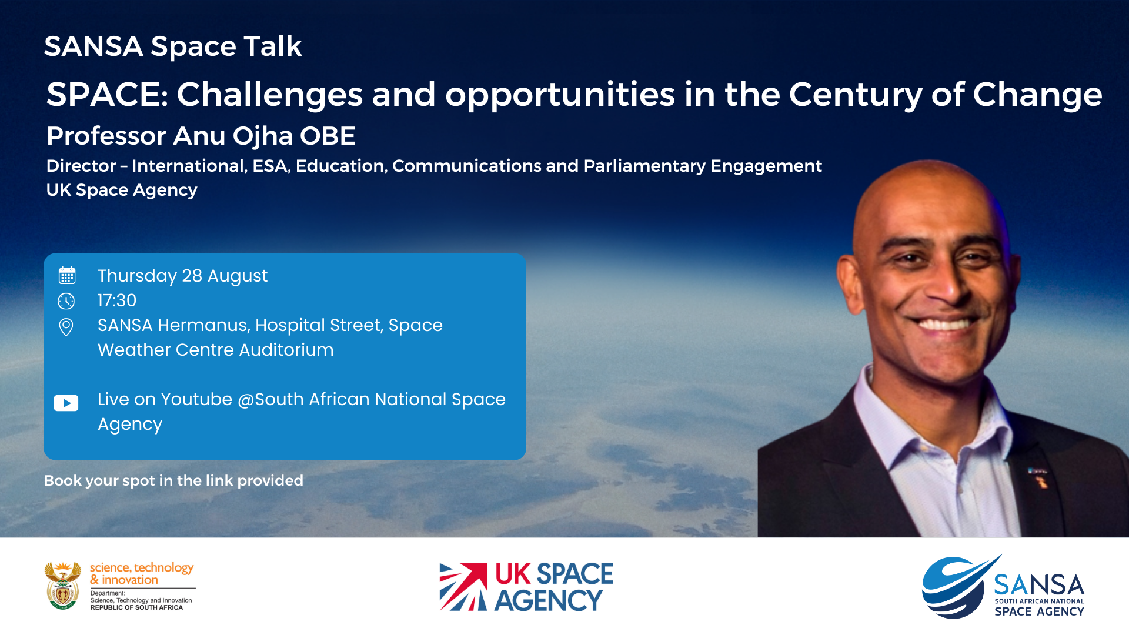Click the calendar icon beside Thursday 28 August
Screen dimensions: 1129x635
click(x=67, y=275)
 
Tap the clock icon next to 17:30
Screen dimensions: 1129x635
click(x=66, y=301)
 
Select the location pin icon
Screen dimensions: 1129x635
click(x=66, y=327)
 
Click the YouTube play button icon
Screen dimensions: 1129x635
click(x=66, y=403)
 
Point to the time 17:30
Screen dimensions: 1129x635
click(x=117, y=300)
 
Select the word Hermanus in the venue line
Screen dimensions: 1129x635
click(x=203, y=325)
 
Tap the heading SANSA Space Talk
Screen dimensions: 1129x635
click(x=173, y=46)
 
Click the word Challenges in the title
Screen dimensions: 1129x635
click(x=270, y=95)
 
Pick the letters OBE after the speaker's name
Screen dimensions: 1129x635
click(x=328, y=136)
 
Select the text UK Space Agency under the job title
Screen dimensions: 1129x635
click(x=122, y=190)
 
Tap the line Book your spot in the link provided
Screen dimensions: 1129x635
click(x=173, y=480)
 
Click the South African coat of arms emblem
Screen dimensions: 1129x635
click(x=63, y=586)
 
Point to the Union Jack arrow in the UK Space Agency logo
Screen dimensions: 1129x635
click(x=463, y=587)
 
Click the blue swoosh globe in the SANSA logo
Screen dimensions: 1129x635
click(x=958, y=587)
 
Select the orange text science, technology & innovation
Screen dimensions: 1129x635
click(x=141, y=573)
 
